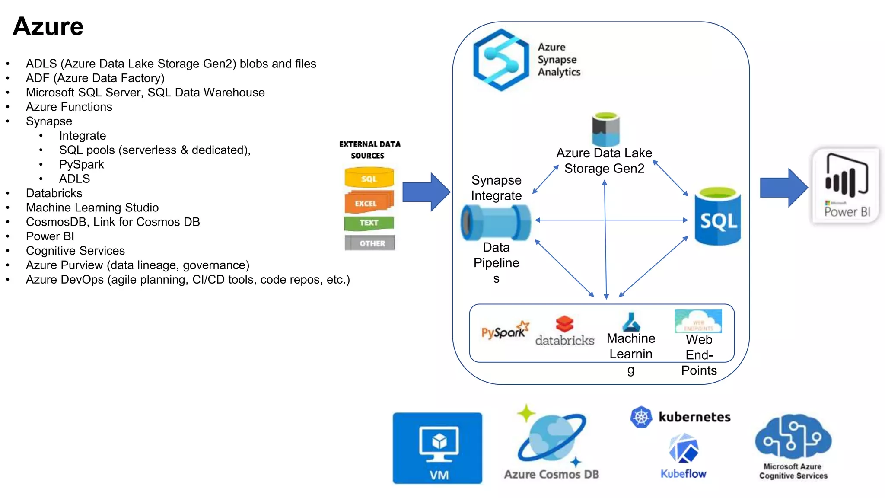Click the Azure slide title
coord(48,26)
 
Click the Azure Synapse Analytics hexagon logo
coord(501,60)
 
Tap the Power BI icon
coord(846,185)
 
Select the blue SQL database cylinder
coord(717,216)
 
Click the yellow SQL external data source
coord(369,177)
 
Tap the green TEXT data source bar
coord(369,223)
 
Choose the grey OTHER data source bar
coord(370,243)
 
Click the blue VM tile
coord(437,448)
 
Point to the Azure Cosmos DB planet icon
coord(551,437)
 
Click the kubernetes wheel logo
coord(641,417)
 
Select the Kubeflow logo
coord(683,450)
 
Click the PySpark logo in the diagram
coord(504,331)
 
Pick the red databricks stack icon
coord(564,324)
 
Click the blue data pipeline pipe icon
coord(496,223)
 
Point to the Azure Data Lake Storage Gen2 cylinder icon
coord(605,129)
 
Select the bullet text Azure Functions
coord(69,107)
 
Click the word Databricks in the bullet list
coord(54,193)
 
